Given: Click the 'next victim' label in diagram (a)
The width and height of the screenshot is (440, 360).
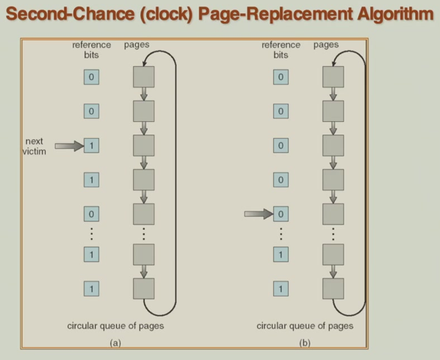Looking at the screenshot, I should click(x=33, y=146).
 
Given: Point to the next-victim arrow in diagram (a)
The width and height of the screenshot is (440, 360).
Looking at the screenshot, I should click(x=68, y=146).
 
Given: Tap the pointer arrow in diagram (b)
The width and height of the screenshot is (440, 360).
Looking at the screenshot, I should click(x=258, y=213).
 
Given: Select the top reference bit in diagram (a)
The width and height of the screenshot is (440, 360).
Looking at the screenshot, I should click(x=92, y=77).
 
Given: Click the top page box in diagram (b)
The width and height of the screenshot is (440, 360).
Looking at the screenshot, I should click(x=333, y=77).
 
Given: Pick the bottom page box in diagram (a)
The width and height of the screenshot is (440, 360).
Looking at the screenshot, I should click(x=144, y=288).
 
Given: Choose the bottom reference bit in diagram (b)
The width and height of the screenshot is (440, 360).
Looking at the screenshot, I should click(x=281, y=288).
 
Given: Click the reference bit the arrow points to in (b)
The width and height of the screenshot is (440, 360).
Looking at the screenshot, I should click(x=281, y=213).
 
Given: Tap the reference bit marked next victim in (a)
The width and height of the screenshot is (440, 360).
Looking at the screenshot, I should click(x=92, y=146).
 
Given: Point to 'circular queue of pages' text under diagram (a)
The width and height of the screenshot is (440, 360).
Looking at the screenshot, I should click(x=115, y=326).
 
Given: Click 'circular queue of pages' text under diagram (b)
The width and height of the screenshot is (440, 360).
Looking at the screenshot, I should click(x=305, y=326).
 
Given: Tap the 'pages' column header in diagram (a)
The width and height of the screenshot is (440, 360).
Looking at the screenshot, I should click(x=137, y=45).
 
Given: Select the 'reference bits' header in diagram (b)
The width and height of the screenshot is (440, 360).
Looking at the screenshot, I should click(x=280, y=49).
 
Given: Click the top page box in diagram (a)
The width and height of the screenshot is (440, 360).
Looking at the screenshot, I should click(x=144, y=77).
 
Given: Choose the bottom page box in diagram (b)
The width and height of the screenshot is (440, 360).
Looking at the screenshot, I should click(x=333, y=288).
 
